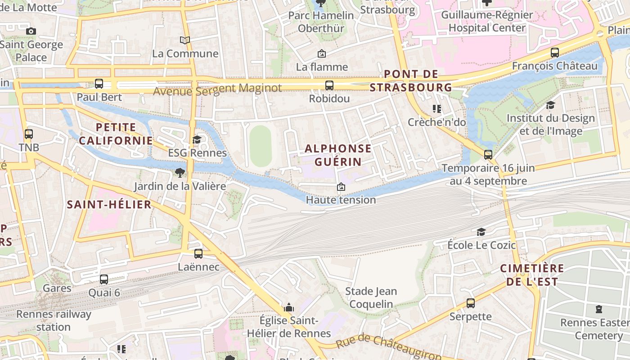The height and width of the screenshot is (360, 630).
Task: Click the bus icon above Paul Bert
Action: (99, 84)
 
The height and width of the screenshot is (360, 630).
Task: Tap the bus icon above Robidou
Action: (329, 85)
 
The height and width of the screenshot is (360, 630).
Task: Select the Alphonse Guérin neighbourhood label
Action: (338, 155)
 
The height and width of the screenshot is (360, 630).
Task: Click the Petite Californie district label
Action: (116, 134)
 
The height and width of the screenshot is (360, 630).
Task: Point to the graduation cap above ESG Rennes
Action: (197, 139)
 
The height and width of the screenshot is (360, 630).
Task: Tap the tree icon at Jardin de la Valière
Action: (180, 173)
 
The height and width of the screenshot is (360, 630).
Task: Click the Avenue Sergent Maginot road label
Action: (217, 89)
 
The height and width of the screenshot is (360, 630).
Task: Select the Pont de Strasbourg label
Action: (411, 81)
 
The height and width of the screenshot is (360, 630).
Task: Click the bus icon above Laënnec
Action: (198, 254)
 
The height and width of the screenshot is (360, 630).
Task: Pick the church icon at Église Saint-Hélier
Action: (289, 308)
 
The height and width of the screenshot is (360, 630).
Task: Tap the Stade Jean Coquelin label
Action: (371, 297)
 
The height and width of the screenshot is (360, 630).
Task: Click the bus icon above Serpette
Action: (471, 303)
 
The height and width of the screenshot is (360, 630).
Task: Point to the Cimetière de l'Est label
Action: (532, 275)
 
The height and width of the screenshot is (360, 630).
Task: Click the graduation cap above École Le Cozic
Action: (481, 232)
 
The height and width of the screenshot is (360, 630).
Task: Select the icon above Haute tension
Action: (341, 186)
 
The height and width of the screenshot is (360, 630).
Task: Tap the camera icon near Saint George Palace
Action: (31, 31)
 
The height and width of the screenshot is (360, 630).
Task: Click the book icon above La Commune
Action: (185, 40)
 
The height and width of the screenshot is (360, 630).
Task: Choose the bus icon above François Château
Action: (555, 53)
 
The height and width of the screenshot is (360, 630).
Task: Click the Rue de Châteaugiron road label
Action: (388, 346)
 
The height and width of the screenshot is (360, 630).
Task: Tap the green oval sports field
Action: (261, 146)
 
